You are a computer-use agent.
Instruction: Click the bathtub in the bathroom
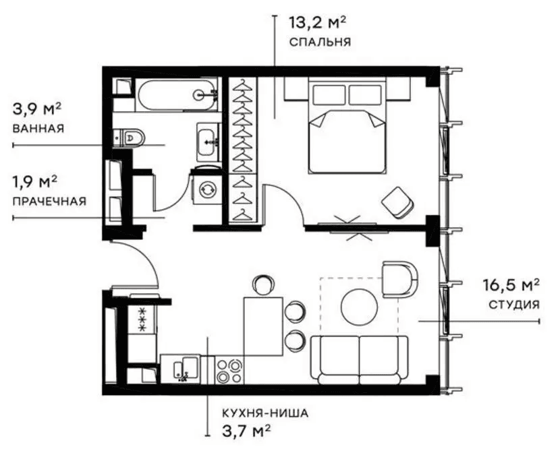[177, 94]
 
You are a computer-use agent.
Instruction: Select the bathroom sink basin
[206, 142]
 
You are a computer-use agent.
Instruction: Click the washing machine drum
[206, 190]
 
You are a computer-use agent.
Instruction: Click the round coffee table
[359, 307]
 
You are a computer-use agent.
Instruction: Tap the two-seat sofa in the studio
[359, 360]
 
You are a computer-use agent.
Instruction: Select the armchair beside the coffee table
[399, 280]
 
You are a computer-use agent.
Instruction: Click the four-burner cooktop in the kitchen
[229, 371]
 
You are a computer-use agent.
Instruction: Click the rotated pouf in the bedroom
[397, 202]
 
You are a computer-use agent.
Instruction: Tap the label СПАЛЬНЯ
[320, 42]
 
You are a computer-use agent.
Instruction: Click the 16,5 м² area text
[511, 285]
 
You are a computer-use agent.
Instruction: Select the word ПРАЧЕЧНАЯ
[49, 202]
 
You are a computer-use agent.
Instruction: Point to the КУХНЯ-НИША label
[265, 413]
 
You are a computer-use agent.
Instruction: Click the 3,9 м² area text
[37, 109]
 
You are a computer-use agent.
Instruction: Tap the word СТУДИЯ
[514, 305]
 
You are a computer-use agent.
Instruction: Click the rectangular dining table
[263, 327]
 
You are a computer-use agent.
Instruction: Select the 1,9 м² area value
[35, 182]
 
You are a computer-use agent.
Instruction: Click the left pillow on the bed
[329, 94]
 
